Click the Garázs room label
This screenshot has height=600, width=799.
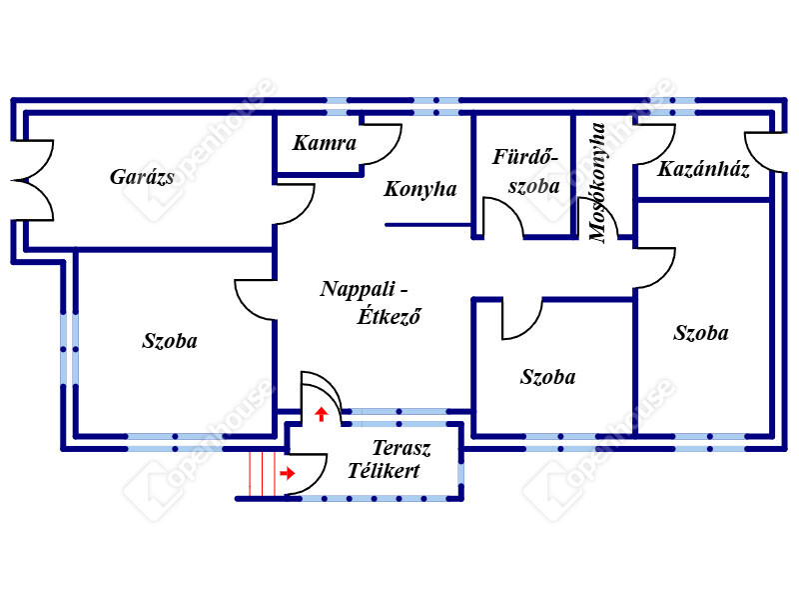tap(142, 178)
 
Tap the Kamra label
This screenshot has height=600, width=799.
tap(325, 143)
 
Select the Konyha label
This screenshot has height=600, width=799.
tap(420, 189)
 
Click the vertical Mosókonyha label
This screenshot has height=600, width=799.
tap(598, 183)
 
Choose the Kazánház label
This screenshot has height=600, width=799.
tap(703, 169)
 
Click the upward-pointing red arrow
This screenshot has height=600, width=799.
tap(322, 413)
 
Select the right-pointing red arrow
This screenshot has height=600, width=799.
tap(288, 473)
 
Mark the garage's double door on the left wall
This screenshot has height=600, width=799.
tap(33, 181)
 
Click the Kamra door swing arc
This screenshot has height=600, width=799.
tap(382, 144)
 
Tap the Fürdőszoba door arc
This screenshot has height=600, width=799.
tap(502, 217)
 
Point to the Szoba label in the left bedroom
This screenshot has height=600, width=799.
tap(170, 341)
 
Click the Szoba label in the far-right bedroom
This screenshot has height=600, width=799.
tap(701, 333)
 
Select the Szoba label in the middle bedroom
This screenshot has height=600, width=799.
tap(548, 377)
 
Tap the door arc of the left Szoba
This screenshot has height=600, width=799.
tap(256, 298)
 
